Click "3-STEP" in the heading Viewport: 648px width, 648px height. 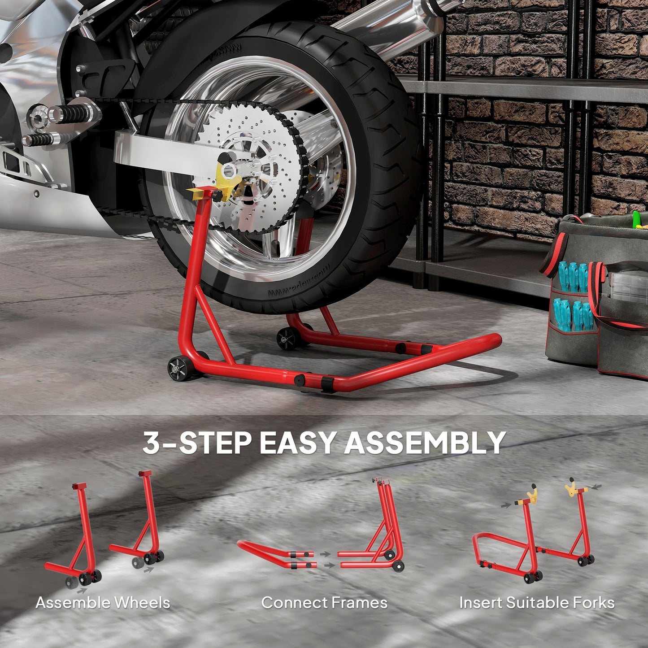pos(196,443)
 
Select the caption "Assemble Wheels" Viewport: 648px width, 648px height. pos(103,603)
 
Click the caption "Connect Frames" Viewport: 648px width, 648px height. pos(324,603)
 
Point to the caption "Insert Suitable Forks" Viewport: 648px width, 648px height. pos(537,603)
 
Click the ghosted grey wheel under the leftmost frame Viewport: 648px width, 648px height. pos(71,583)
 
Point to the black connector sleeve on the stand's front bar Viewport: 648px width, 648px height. pos(328,383)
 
